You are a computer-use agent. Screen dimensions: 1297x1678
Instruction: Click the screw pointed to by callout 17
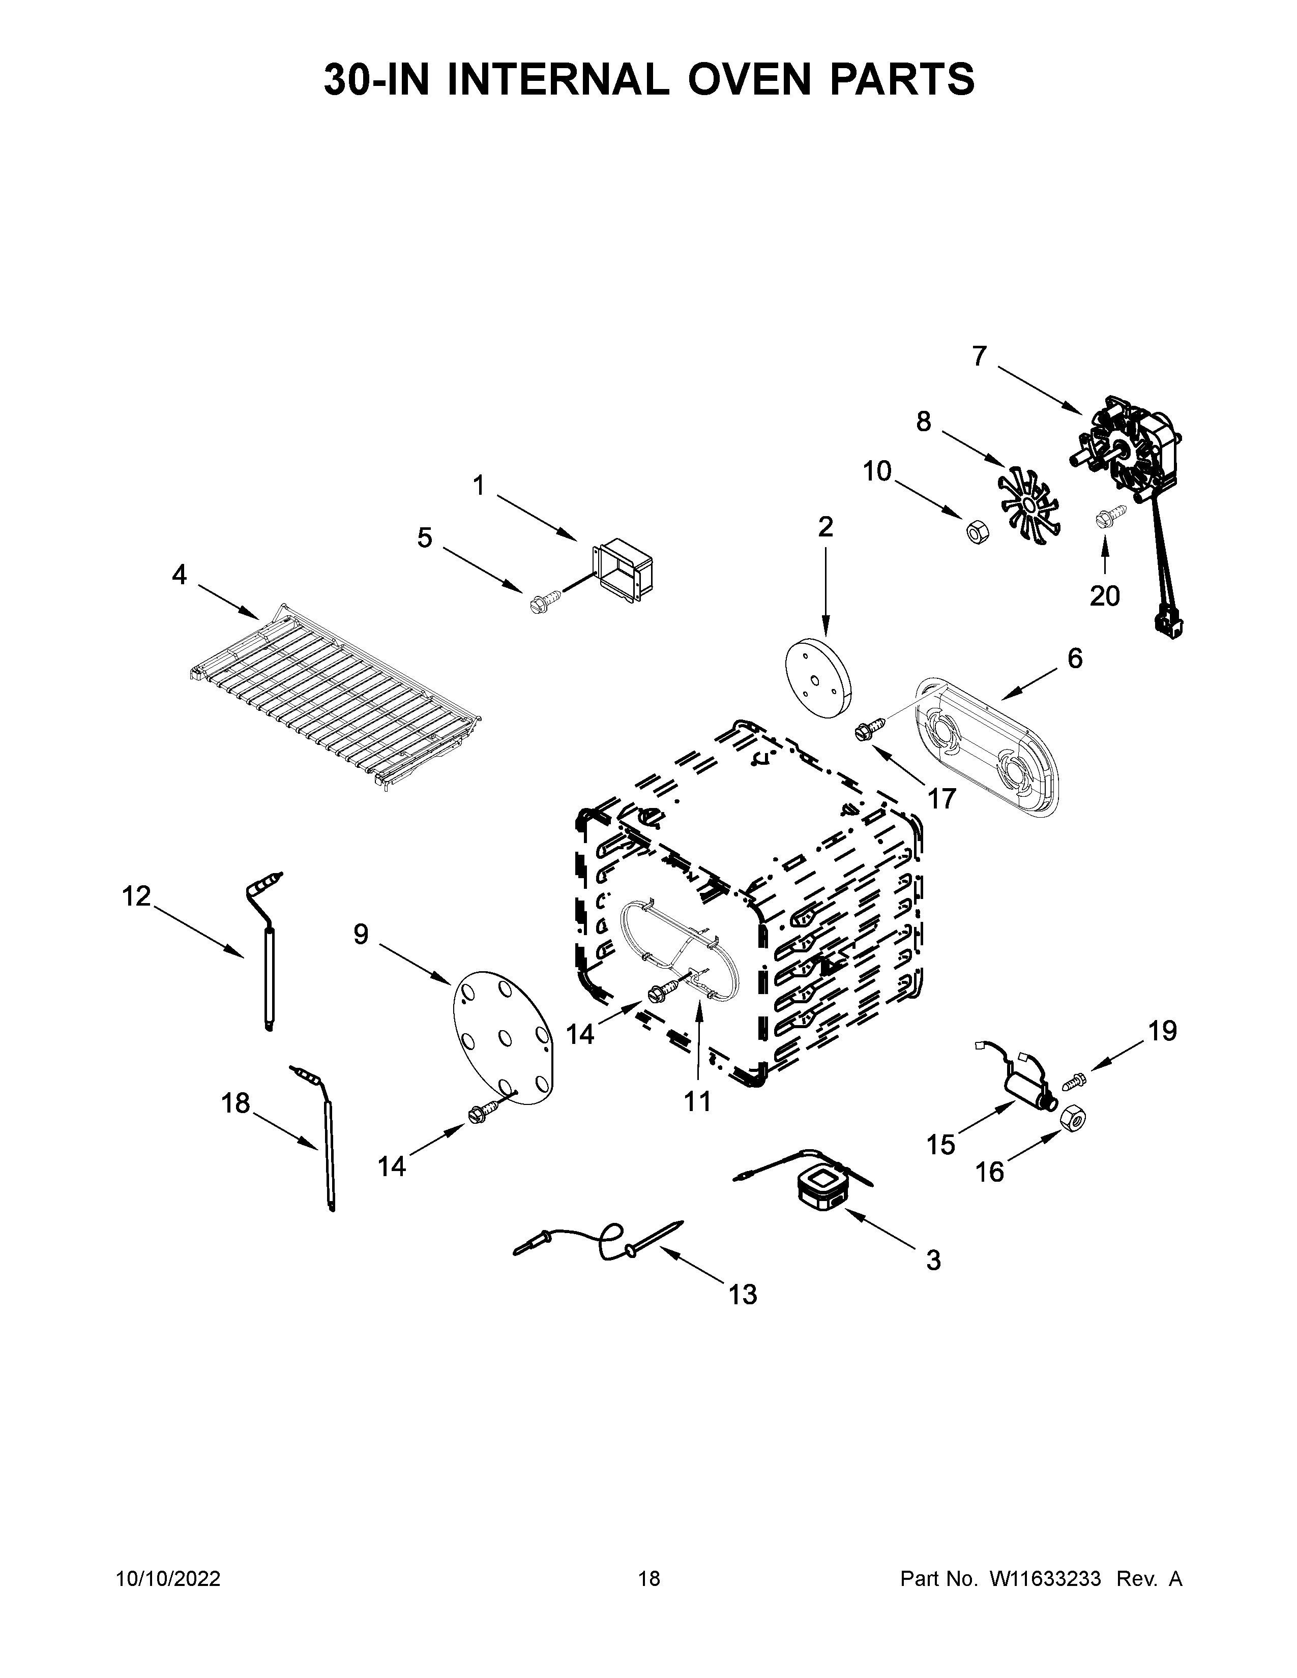(868, 730)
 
